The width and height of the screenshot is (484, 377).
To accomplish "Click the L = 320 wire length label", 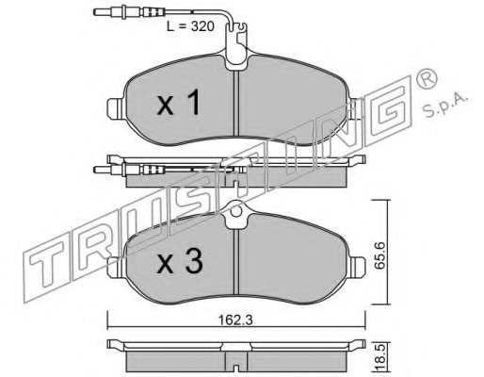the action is click(190, 26).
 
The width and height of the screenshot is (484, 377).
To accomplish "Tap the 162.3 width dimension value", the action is click(235, 320).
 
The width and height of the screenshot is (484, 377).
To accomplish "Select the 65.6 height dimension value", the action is click(379, 255).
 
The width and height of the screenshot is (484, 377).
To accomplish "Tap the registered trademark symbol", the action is click(427, 80).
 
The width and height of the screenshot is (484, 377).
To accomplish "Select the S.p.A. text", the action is click(445, 106).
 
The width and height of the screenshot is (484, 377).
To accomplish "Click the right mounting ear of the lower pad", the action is click(357, 267).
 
